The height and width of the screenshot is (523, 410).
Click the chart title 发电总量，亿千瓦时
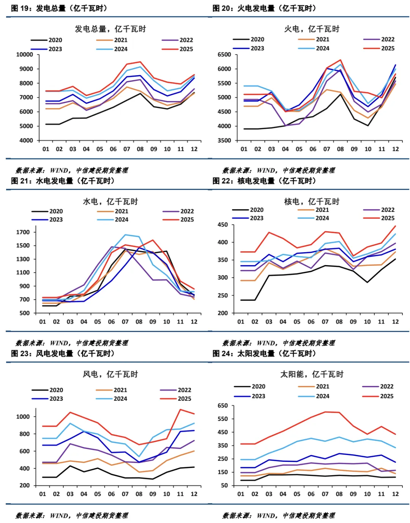pyautogui.click(x=110, y=29)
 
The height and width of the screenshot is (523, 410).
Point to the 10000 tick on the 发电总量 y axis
pyautogui.click(x=25, y=54)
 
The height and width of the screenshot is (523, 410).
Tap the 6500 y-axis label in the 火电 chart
pyautogui.click(x=224, y=54)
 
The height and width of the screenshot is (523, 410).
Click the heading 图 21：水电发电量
pyautogui.click(x=63, y=181)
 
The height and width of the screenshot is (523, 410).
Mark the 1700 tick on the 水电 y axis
pyautogui.click(x=23, y=232)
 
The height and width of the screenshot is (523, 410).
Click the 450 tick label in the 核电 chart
pyautogui.click(x=222, y=224)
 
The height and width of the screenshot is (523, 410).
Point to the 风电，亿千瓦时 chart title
pyautogui.click(x=110, y=374)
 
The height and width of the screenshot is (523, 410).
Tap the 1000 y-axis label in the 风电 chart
pyautogui.click(x=23, y=416)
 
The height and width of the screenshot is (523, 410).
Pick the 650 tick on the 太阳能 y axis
pyautogui.click(x=222, y=405)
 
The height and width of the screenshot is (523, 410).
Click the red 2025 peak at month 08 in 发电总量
pyautogui.click(x=140, y=62)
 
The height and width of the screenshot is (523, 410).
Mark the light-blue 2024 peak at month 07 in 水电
pyautogui.click(x=125, y=235)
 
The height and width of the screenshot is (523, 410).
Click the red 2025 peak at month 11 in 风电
pyautogui.click(x=180, y=409)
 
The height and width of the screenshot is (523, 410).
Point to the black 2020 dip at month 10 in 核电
pyautogui.click(x=367, y=282)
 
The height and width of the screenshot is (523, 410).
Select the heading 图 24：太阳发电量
pyautogui.click(x=264, y=353)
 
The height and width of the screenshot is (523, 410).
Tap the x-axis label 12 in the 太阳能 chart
pyautogui.click(x=395, y=494)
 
